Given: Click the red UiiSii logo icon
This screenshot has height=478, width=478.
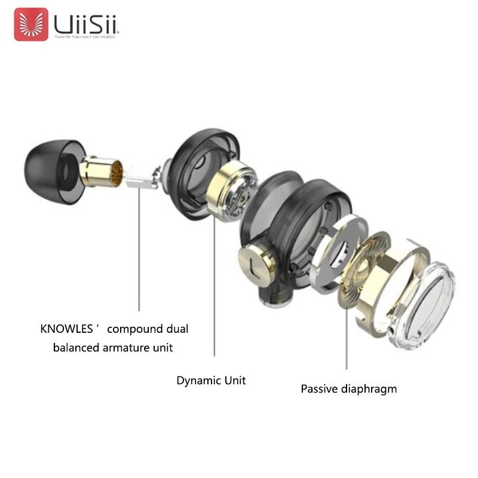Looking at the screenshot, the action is pos(31,24).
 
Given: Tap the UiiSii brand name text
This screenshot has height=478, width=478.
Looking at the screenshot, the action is pos(87,23).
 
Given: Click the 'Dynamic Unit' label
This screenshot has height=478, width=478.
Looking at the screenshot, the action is pos(211,380).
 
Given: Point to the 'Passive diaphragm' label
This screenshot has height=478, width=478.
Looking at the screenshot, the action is pos(348,389).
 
